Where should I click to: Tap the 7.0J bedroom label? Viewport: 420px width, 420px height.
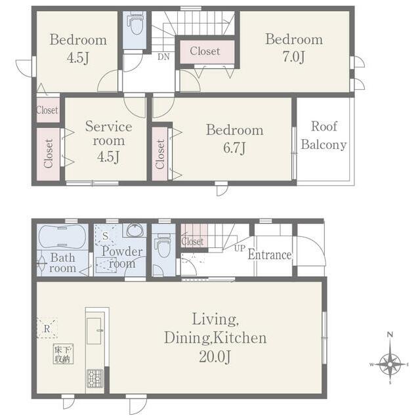pos(294,48)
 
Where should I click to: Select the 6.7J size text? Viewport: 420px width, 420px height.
pos(235,148)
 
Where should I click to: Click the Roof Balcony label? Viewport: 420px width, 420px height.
pos(324,135)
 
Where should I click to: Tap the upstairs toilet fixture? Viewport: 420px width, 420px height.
pos(136,24)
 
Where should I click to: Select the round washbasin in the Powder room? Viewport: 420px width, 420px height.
pos(135,230)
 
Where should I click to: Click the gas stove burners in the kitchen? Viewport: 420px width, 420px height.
pos(95,378)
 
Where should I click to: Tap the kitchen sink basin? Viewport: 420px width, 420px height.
pos(94,331)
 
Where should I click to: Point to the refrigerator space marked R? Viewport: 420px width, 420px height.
pos(47,328)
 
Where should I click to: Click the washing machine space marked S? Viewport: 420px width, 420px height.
pos(105,236)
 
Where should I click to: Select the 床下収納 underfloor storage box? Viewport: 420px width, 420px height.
pos(63,354)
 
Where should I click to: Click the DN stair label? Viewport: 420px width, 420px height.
pos(163,57)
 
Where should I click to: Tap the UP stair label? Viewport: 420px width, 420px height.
pos(240,248)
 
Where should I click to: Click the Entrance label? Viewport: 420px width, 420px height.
pos(270,255)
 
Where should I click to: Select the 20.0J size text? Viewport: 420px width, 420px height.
pos(215,356)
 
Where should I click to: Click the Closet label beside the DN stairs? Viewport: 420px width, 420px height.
pos(205,51)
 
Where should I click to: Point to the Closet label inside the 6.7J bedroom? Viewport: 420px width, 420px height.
pos(159,154)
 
